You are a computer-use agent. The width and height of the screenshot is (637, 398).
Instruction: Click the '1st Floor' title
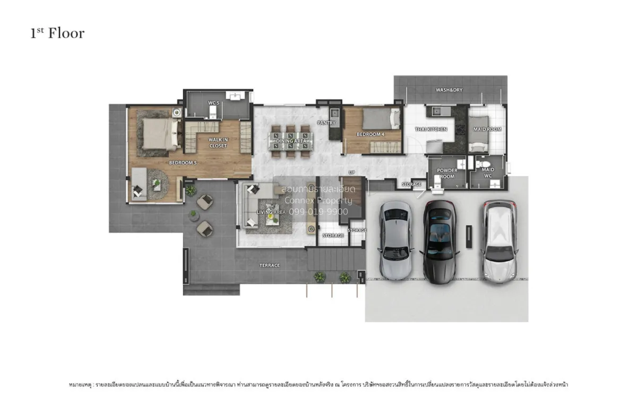(x=57, y=33)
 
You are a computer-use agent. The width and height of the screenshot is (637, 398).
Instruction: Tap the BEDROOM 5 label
(x=183, y=162)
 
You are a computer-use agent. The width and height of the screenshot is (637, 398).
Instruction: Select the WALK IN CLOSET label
(x=218, y=142)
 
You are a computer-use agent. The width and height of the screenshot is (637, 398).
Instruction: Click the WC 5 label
(x=213, y=102)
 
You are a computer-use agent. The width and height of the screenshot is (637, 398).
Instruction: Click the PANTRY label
(x=326, y=123)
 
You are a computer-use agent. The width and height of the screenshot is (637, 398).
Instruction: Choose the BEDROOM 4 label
(x=371, y=134)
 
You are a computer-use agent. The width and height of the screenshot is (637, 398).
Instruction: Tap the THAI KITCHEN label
(x=431, y=129)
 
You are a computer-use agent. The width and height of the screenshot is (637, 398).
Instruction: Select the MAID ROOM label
(x=487, y=129)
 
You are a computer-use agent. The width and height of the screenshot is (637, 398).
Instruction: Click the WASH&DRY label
(x=449, y=90)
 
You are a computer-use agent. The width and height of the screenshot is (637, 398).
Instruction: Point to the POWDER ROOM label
(x=447, y=174)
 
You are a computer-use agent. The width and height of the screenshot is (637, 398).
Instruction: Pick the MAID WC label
(x=488, y=173)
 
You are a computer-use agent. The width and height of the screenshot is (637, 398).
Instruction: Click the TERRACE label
(x=270, y=265)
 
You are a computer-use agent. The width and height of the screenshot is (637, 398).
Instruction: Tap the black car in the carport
(x=440, y=241)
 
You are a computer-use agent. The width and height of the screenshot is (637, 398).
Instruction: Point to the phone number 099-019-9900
(x=318, y=211)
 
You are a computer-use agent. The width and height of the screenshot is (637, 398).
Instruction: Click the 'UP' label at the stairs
(x=351, y=172)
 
